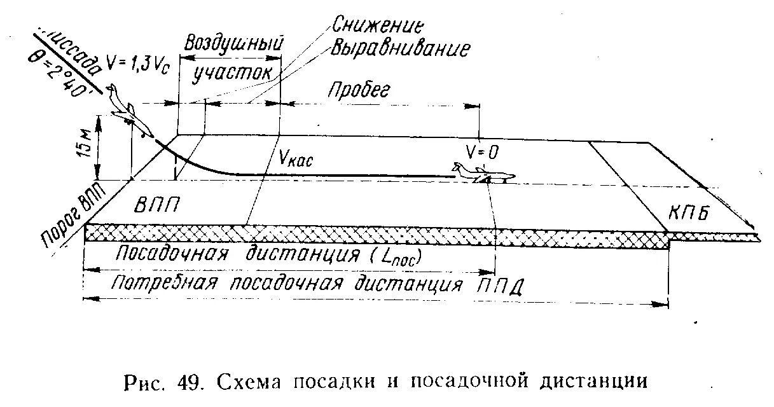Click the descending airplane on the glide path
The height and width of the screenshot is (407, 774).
tap(131, 112)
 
